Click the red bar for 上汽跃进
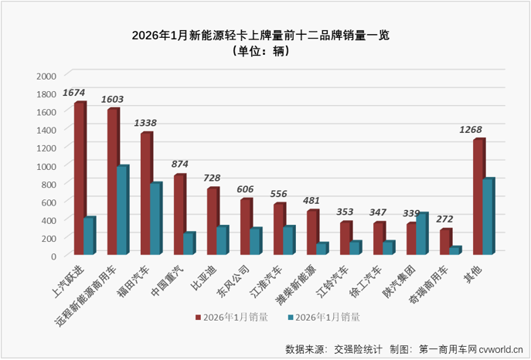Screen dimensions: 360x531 [79, 178]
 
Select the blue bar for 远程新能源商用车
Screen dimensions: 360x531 [122, 210]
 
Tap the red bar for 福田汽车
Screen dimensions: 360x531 [145, 193]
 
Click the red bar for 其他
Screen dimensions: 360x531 [478, 196]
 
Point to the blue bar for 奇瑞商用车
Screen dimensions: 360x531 [454, 250]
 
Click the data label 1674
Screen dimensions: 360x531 [74, 93]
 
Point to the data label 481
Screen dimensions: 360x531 [311, 201]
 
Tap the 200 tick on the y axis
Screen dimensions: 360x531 [48, 238]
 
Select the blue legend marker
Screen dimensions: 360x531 [291, 317]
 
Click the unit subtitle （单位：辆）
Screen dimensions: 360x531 [264, 52]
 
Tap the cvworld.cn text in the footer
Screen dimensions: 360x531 [501, 349]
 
